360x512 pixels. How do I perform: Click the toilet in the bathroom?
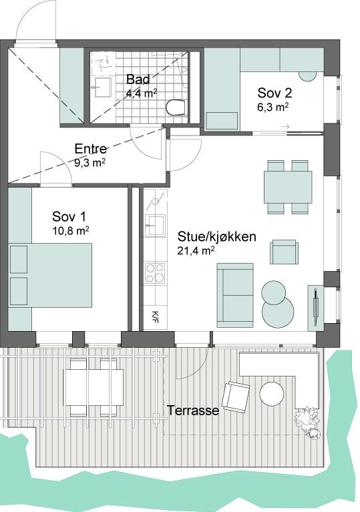pyautogui.click(x=176, y=107)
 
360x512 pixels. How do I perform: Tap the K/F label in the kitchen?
pyautogui.click(x=155, y=316)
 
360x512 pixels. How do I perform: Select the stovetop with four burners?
pyautogui.click(x=155, y=272)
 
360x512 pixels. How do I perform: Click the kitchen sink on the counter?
pyautogui.click(x=155, y=226)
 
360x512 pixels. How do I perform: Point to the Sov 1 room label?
pyautogui.click(x=69, y=216)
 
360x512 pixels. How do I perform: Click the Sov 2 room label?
pyautogui.click(x=275, y=93)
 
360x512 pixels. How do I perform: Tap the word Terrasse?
pyautogui.click(x=193, y=411)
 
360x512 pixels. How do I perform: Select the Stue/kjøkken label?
pyautogui.click(x=216, y=237)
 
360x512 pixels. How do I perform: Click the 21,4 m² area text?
pyautogui.click(x=196, y=250)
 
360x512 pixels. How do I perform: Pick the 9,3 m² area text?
pyautogui.click(x=90, y=163)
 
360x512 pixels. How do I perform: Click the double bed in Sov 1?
pyautogui.click(x=50, y=275)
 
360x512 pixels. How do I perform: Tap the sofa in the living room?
pyautogui.click(x=235, y=295)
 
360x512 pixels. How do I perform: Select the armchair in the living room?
pyautogui.click(x=284, y=252)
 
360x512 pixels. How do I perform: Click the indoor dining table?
pyautogui.click(x=288, y=187)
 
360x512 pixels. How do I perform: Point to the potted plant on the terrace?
pyautogui.click(x=307, y=423)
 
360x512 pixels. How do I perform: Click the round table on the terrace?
pyautogui.click(x=271, y=394)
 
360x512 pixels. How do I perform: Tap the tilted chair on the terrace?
pyautogui.click(x=236, y=397)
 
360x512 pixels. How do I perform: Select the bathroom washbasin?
pyautogui.click(x=103, y=87)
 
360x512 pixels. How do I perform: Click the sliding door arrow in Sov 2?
pyautogui.click(x=285, y=126)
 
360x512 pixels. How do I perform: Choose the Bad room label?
pyautogui.click(x=138, y=79)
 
